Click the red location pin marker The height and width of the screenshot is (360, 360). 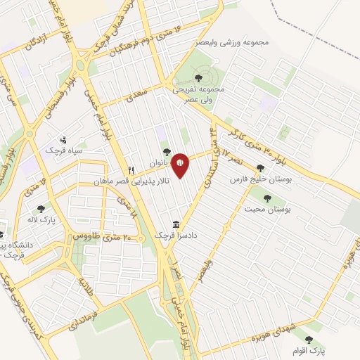point(180,165)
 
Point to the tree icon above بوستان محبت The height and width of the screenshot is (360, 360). point(267,198)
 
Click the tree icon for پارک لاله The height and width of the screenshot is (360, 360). point(41,208)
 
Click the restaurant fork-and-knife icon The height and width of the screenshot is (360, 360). point(131,171)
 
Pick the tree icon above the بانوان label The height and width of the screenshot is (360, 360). point(167,150)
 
